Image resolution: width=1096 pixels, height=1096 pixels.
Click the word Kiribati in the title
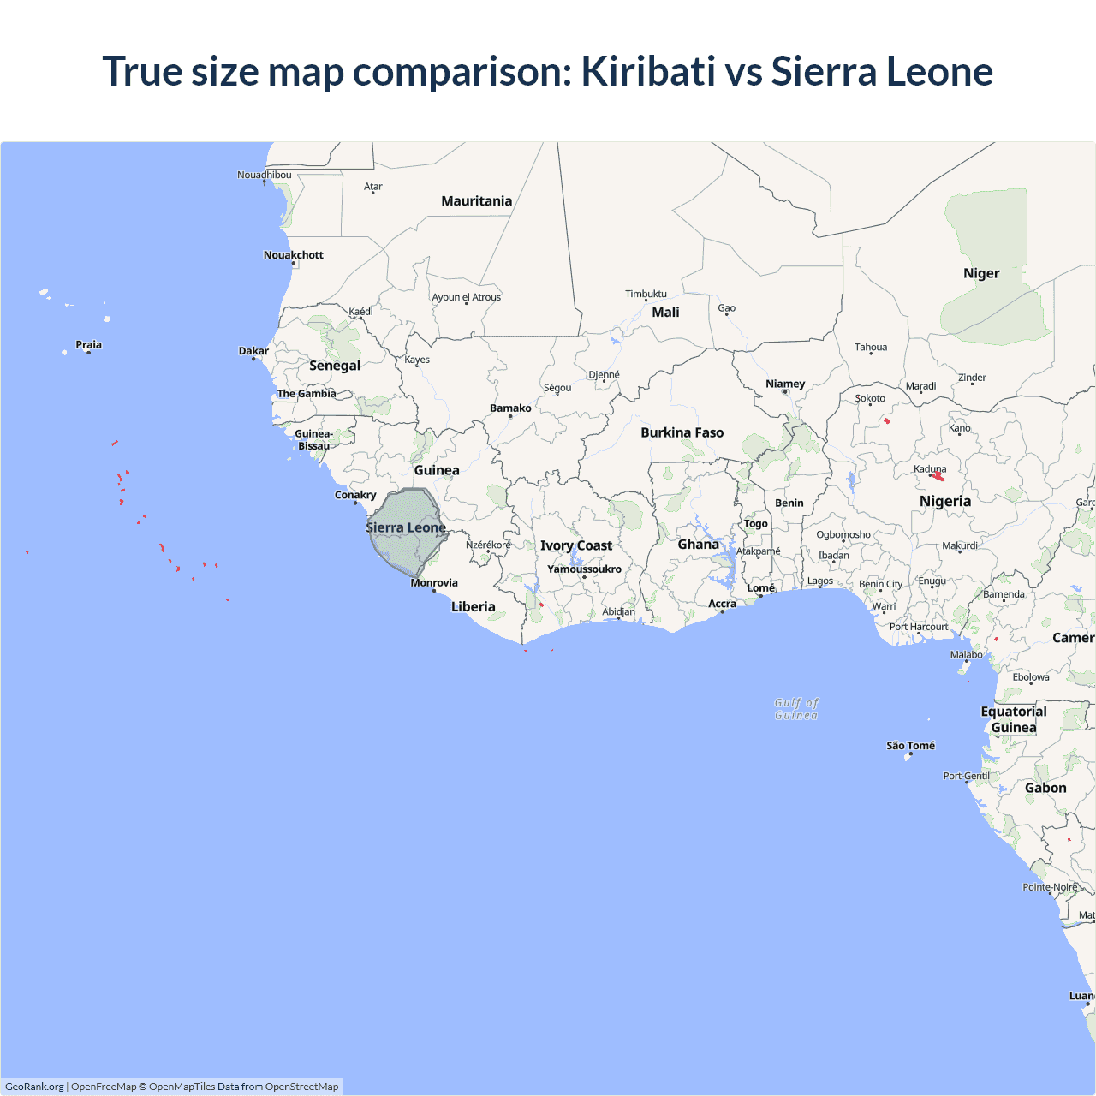coord(648,71)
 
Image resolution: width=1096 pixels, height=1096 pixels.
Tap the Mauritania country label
coord(476,201)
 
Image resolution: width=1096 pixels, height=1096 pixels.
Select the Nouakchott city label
coord(293,255)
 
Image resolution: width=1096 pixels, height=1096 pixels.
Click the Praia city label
coord(88,345)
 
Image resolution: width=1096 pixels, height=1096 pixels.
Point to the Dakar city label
coord(253,351)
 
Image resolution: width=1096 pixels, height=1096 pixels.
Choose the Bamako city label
coord(510,408)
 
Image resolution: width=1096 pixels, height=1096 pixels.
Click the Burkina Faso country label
coord(682,432)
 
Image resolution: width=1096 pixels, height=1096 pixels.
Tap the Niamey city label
coord(785,384)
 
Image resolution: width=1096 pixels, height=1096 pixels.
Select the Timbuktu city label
coord(646,294)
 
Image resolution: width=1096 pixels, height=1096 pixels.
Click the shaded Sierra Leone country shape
coord(402,548)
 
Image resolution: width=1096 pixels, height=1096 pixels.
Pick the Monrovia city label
coord(434,583)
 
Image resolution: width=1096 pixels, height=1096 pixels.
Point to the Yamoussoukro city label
coord(584,569)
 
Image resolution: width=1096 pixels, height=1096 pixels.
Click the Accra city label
coord(722,604)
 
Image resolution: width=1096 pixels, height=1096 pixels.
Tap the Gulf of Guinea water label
coord(796,709)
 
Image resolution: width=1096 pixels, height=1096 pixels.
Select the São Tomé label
coord(910,746)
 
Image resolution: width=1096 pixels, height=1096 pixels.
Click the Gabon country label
coord(1045,788)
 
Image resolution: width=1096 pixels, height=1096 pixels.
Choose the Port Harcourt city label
coord(918,627)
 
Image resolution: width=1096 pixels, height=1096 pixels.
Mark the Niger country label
coord(981,273)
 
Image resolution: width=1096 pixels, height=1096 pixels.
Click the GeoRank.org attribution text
coord(34,1087)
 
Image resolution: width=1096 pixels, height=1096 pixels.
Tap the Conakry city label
coord(355,495)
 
